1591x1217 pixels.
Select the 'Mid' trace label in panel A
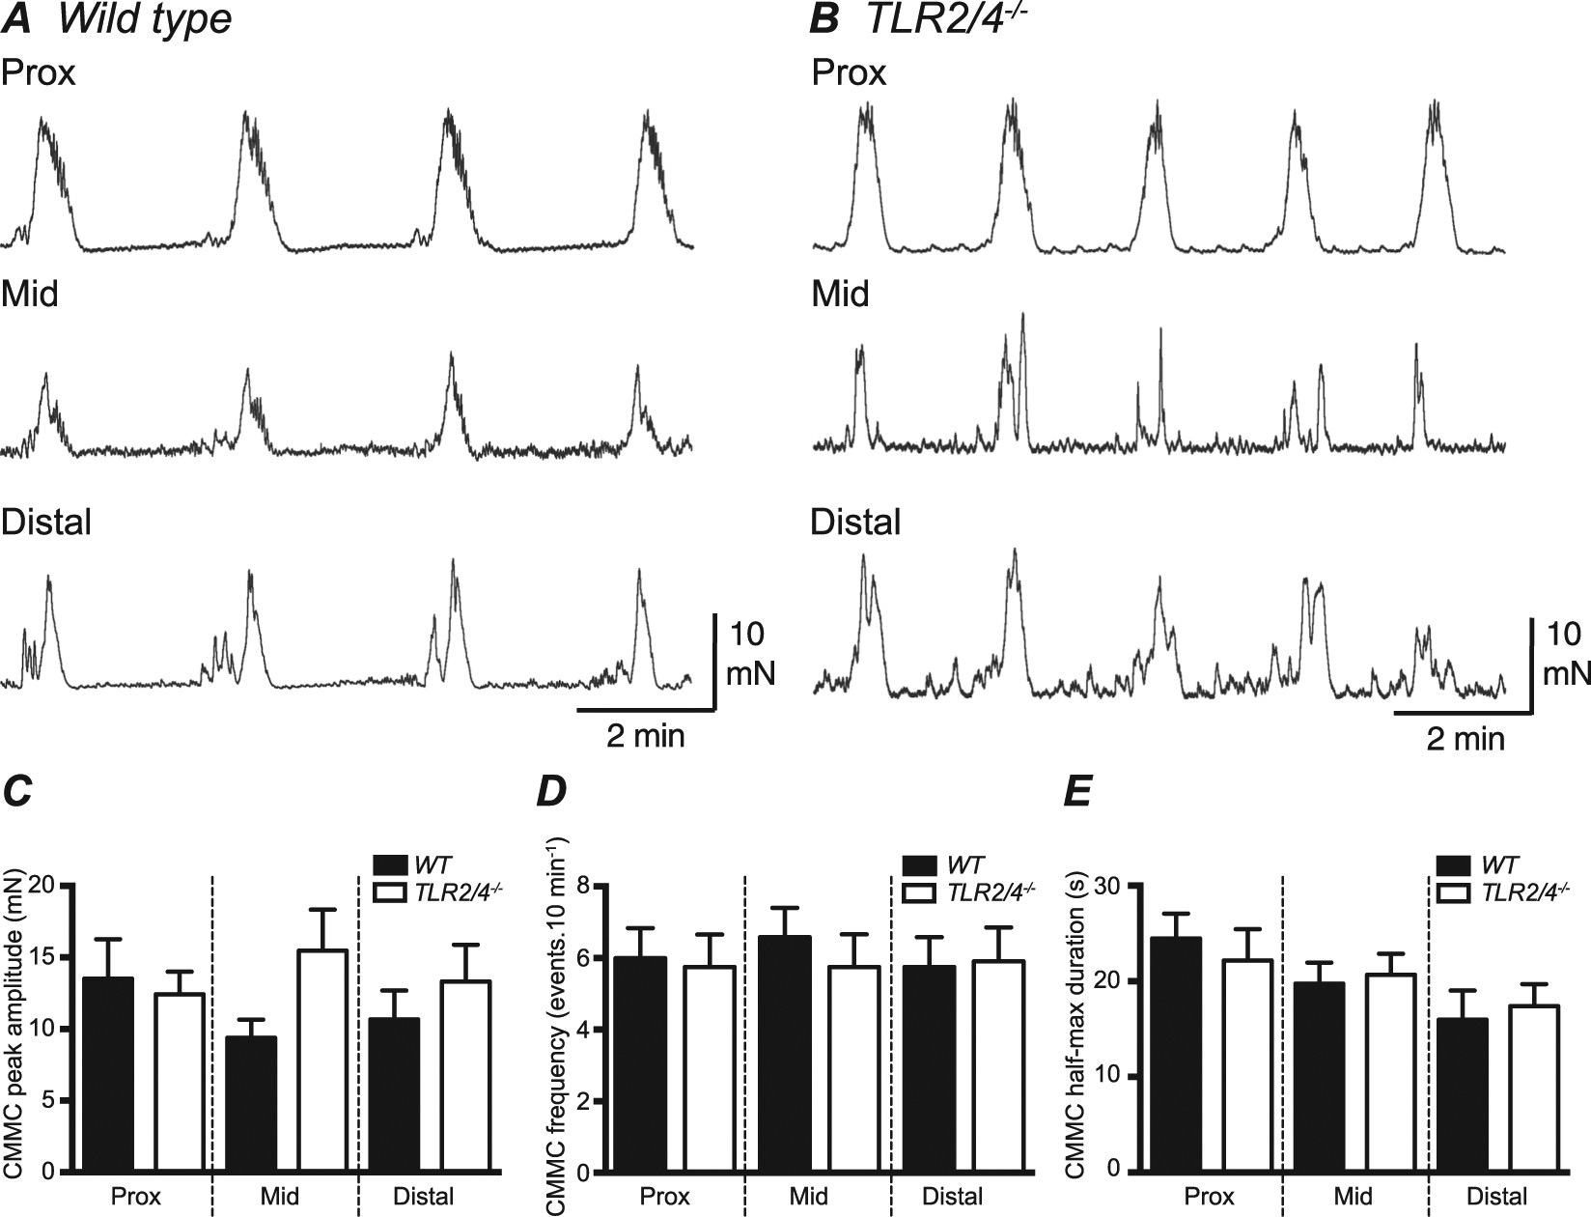(30, 294)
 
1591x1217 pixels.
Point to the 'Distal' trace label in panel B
(855, 523)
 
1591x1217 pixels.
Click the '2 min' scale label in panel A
(645, 736)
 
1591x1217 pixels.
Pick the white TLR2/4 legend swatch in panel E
(1454, 892)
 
